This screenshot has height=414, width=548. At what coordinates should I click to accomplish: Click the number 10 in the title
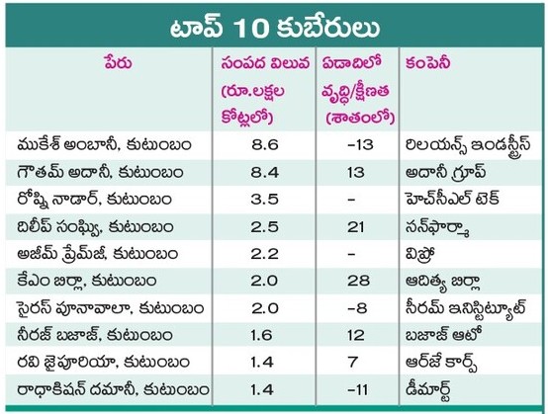(250, 28)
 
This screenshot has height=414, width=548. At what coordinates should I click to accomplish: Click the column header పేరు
(118, 63)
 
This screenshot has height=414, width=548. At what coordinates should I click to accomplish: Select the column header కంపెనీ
(427, 63)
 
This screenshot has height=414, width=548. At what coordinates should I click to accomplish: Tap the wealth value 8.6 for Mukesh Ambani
(264, 144)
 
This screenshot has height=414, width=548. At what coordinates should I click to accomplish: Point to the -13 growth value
(360, 144)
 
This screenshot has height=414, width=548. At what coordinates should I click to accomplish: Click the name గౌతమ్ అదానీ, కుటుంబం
(100, 172)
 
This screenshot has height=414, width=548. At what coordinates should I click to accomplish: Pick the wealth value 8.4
(264, 172)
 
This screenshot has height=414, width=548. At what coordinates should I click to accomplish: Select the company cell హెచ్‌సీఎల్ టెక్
(452, 199)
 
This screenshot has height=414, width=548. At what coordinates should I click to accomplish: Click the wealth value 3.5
(264, 199)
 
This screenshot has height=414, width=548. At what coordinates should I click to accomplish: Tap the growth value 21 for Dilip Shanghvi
(356, 227)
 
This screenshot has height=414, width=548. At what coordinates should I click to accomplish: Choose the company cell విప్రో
(419, 254)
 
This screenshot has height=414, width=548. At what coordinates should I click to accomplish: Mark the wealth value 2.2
(264, 254)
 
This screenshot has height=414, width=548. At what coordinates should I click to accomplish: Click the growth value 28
(358, 281)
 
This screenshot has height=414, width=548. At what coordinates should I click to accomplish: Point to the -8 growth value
(357, 308)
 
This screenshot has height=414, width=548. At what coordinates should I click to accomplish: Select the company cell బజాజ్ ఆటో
(444, 334)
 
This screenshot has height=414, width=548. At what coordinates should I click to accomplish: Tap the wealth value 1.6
(261, 335)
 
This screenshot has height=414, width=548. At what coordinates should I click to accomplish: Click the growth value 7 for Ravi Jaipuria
(352, 362)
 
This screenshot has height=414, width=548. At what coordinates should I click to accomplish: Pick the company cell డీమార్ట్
(427, 390)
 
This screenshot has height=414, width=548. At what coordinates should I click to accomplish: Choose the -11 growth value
(357, 389)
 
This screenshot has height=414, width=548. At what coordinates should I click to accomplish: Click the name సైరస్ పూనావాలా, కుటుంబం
(111, 308)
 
